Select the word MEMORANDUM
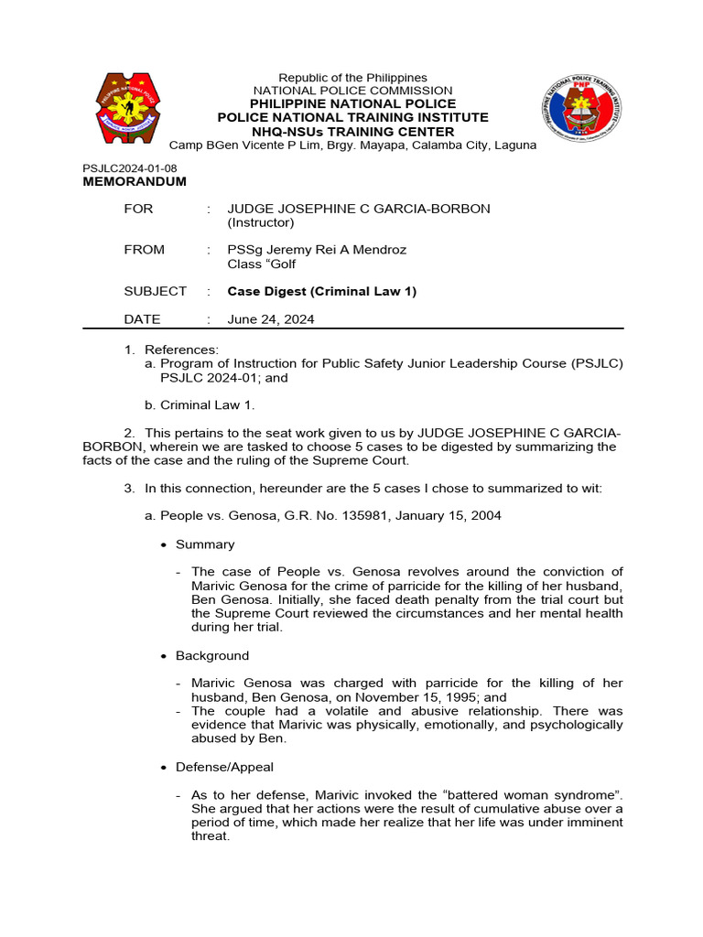135,181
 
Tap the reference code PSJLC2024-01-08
130,168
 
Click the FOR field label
139,209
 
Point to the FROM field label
145,250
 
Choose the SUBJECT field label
156,291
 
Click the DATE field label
143,319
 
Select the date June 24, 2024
271,319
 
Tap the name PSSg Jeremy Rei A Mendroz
317,250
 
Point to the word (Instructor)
261,222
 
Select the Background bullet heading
212,656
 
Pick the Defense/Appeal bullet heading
224,767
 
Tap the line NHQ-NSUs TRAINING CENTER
352,131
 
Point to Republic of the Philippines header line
352,78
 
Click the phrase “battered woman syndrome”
539,794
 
